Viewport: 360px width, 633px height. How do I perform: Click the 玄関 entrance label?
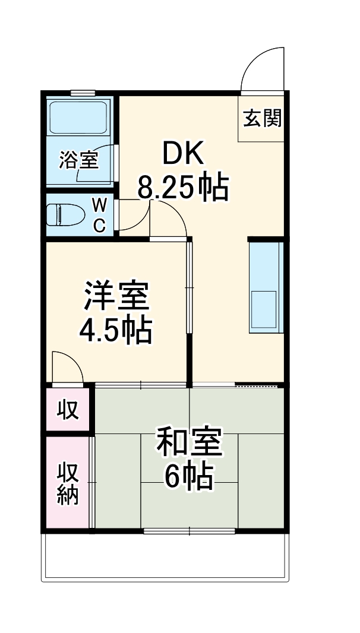tap(261, 119)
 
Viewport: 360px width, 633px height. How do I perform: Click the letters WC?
tap(100, 215)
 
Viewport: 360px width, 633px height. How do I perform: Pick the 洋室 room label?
tap(116, 297)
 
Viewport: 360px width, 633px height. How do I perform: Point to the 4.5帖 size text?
tap(116, 330)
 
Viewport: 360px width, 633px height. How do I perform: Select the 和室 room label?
tap(189, 443)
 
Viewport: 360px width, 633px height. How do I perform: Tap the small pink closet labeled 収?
tap(68, 410)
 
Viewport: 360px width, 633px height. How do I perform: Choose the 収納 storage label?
tap(68, 483)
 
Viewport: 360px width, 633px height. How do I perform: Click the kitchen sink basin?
tap(264, 309)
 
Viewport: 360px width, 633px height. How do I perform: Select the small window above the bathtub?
tap(83, 92)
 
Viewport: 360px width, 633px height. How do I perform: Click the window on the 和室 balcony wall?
tap(190, 530)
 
